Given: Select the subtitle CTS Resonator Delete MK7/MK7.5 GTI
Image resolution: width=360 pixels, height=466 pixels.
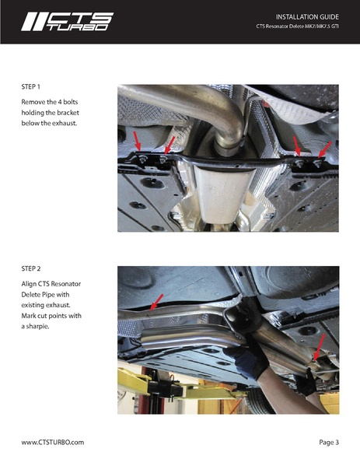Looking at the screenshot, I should pyautogui.click(x=297, y=28).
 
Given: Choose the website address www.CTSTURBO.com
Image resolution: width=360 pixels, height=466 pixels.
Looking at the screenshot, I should pyautogui.click(x=52, y=442).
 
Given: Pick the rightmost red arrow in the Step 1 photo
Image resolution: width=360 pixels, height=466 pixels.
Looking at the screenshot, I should pyautogui.click(x=326, y=146).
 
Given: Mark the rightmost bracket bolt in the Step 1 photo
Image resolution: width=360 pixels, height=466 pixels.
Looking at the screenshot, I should pyautogui.click(x=319, y=163).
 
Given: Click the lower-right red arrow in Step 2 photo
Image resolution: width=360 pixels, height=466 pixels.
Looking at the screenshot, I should pyautogui.click(x=318, y=344).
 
